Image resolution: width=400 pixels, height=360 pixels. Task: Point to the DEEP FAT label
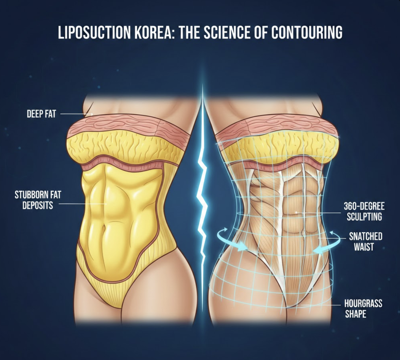coord(41,114)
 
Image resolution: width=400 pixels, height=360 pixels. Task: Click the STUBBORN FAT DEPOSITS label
coord(34,199)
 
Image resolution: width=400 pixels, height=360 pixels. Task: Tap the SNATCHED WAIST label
coord(365,241)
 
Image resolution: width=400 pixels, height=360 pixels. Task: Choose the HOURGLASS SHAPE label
coord(363,308)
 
